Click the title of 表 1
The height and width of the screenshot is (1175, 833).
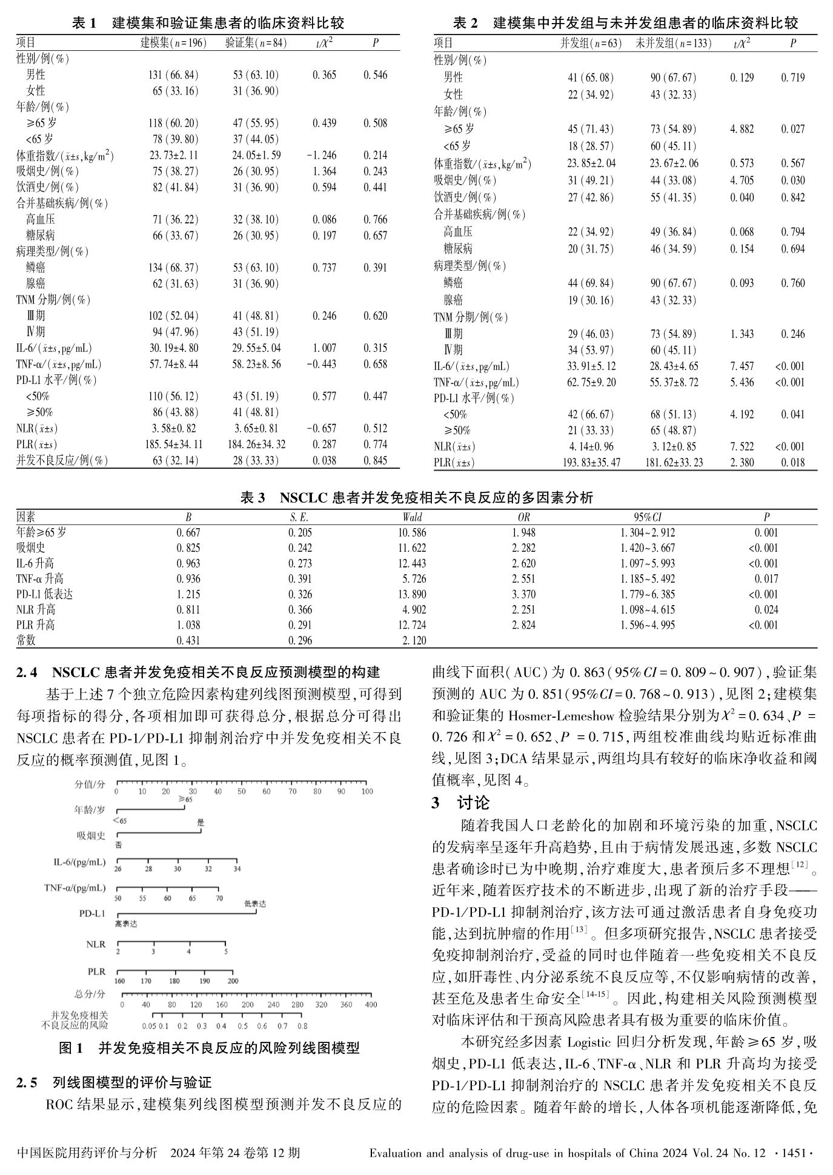click(208, 24)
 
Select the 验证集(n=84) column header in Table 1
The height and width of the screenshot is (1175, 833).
click(256, 43)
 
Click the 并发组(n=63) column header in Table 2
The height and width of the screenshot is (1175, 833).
click(591, 44)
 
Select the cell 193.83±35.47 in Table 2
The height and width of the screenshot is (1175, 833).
click(591, 463)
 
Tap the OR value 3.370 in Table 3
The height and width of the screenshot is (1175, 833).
click(523, 594)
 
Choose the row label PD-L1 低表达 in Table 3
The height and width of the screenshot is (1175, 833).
click(45, 594)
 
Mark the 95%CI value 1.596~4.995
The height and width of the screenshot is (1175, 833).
click(647, 625)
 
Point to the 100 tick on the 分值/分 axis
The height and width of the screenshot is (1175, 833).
click(367, 792)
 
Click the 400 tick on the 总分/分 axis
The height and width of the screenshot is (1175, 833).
click(370, 1004)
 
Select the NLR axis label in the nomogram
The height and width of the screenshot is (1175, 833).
click(96, 944)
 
